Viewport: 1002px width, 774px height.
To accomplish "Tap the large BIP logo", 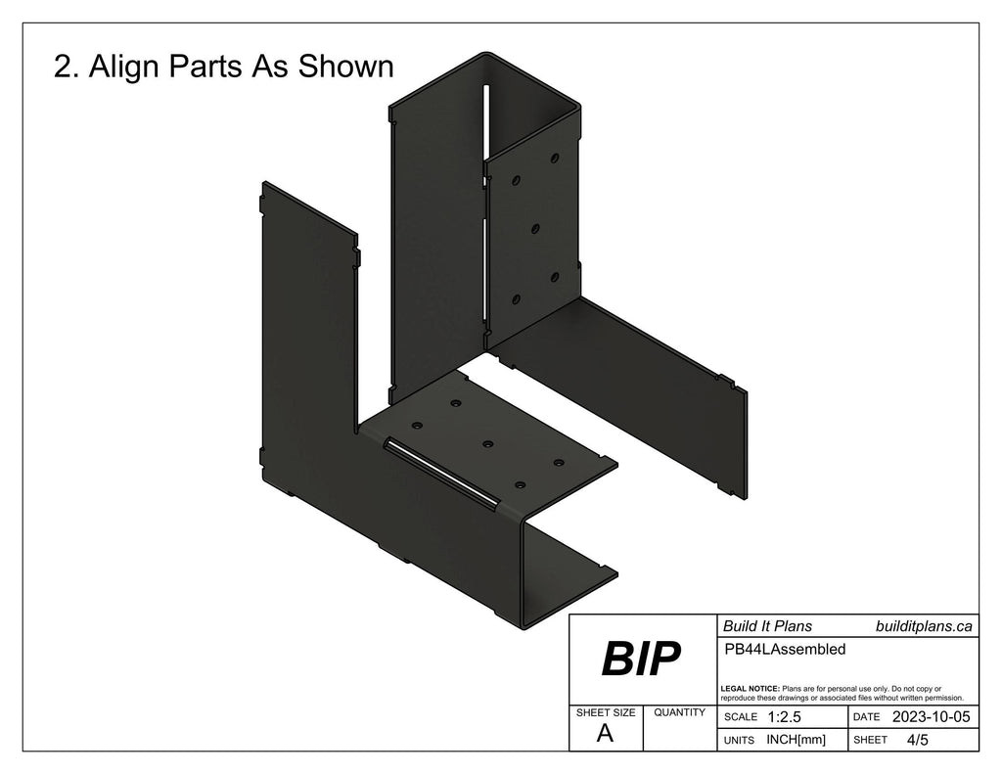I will click(x=640, y=660).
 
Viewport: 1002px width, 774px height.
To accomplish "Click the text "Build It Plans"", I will click(x=767, y=626).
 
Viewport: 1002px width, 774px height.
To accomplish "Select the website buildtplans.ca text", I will click(x=924, y=626).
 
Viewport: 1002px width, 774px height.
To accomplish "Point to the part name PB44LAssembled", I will click(x=784, y=648).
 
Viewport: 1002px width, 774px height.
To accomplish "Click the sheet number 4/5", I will click(x=918, y=740).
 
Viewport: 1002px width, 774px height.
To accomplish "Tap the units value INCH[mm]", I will click(x=796, y=740).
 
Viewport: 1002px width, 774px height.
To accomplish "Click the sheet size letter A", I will click(x=606, y=735).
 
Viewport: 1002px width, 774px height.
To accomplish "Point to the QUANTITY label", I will click(x=680, y=713).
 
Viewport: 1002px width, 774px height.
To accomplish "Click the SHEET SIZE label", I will click(x=606, y=713).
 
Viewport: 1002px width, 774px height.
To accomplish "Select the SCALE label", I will click(x=740, y=718).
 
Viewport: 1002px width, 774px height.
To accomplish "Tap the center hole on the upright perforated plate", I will click(x=535, y=229).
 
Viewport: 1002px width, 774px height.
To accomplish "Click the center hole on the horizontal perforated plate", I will click(x=486, y=444).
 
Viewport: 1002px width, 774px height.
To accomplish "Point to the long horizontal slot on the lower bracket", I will click(x=440, y=473).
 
